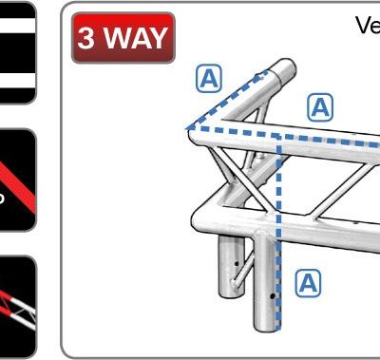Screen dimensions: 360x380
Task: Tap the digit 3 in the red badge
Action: point(87,38)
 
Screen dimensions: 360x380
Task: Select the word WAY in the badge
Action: point(134,38)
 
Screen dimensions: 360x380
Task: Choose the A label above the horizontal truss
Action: point(322,107)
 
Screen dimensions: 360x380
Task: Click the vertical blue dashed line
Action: point(277,237)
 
